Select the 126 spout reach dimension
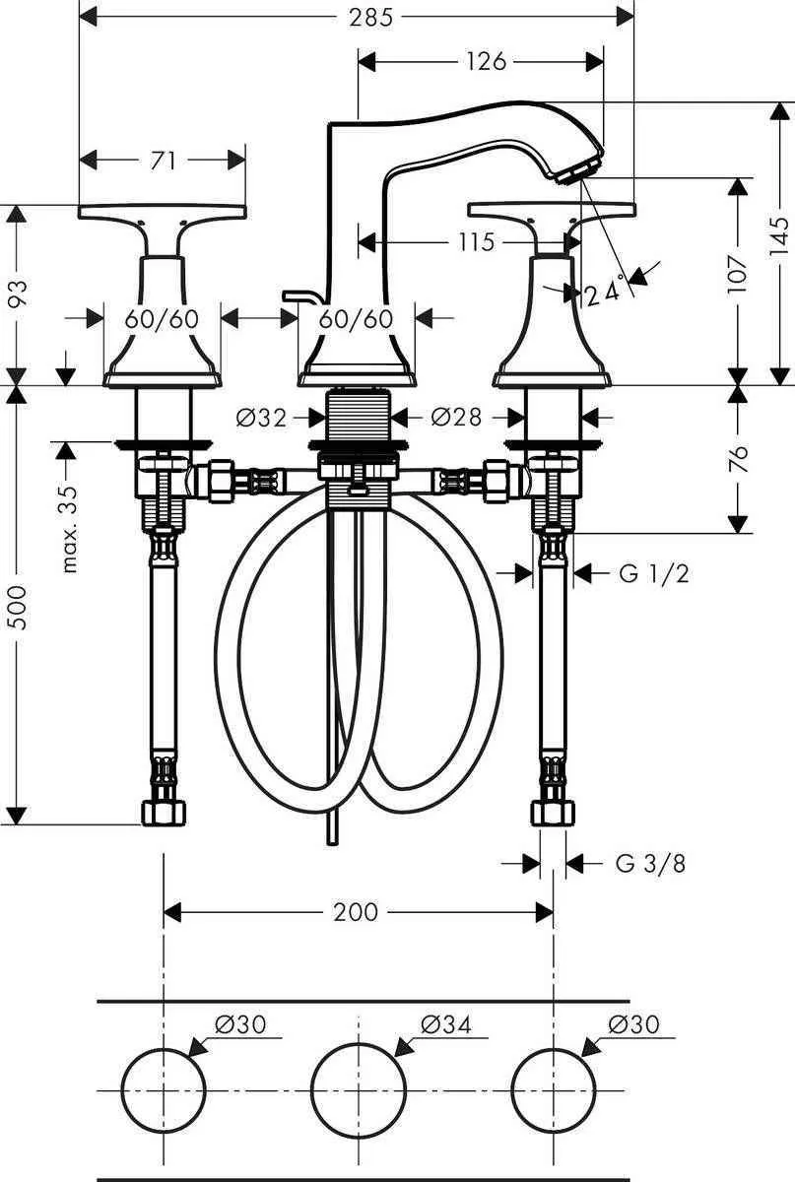[486, 62]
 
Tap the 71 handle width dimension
[164, 160]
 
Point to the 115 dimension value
[476, 241]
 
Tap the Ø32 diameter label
[261, 418]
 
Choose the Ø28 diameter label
[456, 418]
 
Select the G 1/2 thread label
[654, 573]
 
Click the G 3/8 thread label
[650, 864]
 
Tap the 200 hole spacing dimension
[355, 912]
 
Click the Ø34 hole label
[445, 1024]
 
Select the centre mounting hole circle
[359, 1088]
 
